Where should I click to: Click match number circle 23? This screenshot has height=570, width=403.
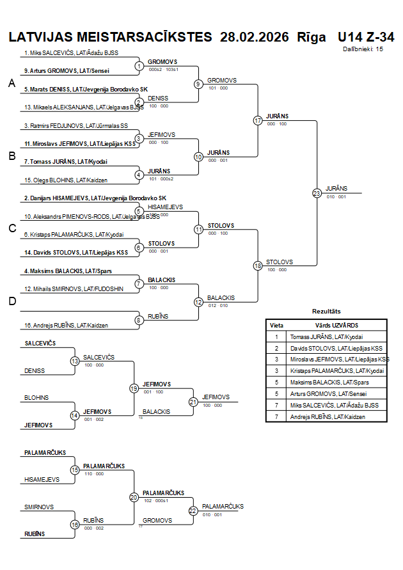[317, 193]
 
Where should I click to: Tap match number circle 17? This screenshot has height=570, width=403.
[258, 120]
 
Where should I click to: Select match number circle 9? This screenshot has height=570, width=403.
[198, 84]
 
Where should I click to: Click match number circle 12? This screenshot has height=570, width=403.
[198, 302]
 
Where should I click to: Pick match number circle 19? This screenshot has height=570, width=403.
[134, 388]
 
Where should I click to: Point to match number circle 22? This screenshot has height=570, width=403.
[193, 511]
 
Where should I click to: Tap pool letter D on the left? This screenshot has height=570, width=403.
[12, 302]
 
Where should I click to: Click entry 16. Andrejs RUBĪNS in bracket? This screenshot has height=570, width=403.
[67, 326]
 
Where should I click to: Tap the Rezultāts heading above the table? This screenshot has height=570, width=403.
[326, 312]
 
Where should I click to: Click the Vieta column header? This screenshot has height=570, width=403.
[276, 325]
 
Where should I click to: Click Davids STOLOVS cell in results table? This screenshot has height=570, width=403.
[336, 348]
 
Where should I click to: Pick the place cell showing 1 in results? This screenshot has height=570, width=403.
[276, 336]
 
